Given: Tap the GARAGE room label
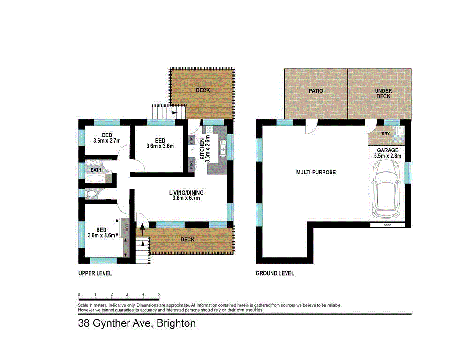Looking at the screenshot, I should point(387,150).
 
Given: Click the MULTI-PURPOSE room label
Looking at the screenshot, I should point(316,172).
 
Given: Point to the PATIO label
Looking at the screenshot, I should point(316,90).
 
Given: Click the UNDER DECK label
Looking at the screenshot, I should point(383,93).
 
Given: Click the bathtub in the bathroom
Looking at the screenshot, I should point(95,178).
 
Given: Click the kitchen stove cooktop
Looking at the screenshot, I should point(209,130).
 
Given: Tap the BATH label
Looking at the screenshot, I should point(96,170).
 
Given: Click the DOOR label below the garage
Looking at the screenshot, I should point(387,225).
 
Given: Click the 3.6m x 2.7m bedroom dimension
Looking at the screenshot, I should point(107,141).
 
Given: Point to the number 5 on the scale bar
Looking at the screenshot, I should point(159,294).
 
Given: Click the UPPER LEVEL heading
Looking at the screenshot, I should point(95,273).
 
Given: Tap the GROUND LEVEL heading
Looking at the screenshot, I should point(275,273).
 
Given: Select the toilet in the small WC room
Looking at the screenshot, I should point(92,193).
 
